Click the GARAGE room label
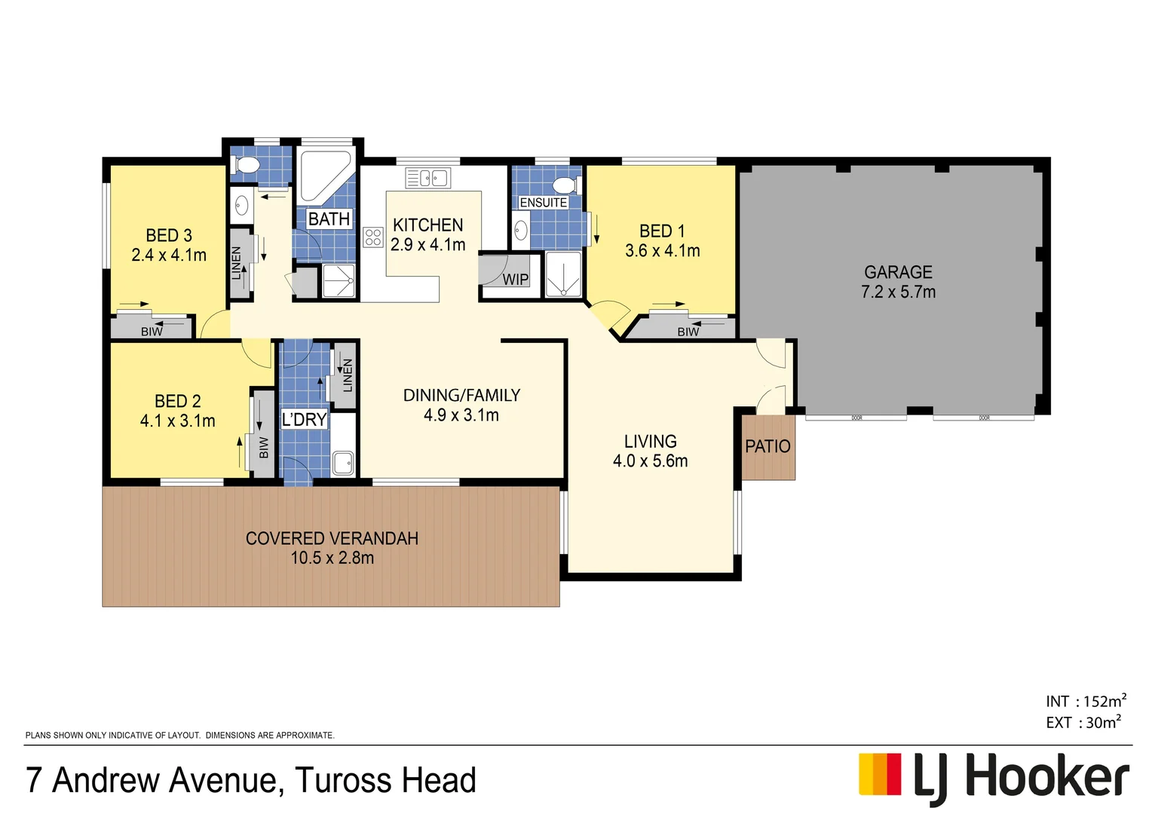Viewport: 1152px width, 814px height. [x=898, y=272]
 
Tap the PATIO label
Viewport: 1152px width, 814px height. [x=767, y=446]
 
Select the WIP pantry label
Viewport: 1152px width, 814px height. [x=516, y=280]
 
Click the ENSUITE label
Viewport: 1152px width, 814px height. [x=543, y=203]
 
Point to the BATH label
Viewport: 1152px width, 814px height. [x=329, y=219]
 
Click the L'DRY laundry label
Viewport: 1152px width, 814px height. [x=304, y=420]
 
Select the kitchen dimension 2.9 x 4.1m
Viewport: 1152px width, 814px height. [x=427, y=245]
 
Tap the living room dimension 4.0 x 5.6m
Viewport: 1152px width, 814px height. [x=650, y=461]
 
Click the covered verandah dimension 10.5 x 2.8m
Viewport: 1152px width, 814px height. [x=332, y=558]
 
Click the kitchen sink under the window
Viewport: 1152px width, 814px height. [x=427, y=178]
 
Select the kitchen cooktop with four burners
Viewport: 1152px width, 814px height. [x=373, y=237]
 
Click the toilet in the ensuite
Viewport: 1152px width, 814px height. [x=565, y=185]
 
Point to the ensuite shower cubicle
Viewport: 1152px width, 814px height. [x=563, y=274]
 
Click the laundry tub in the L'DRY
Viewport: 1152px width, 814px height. [x=343, y=462]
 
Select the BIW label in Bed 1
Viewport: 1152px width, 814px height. [x=688, y=332]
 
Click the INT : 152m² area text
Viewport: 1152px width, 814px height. [x=1086, y=702]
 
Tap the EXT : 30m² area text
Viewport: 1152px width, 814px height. [x=1083, y=723]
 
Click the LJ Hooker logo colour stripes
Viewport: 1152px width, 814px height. [x=880, y=774]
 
